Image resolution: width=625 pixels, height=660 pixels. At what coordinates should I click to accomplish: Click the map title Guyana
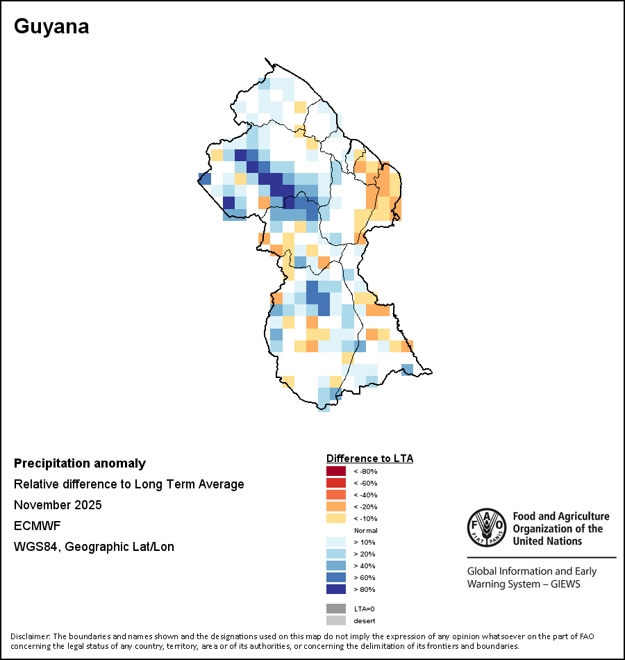point(51,27)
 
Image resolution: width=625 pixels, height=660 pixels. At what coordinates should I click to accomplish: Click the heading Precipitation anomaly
point(80,463)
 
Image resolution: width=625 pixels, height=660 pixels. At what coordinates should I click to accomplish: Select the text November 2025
point(58,504)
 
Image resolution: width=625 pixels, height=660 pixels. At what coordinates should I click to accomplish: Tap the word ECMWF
point(37,526)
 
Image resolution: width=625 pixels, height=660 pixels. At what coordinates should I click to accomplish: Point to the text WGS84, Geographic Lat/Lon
point(94,547)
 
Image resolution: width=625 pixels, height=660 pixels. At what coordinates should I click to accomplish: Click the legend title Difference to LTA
point(369,459)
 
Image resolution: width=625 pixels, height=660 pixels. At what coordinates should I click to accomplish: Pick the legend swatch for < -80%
point(336,471)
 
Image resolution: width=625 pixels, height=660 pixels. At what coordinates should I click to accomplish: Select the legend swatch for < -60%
point(336,483)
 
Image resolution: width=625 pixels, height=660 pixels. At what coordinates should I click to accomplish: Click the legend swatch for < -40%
point(336,495)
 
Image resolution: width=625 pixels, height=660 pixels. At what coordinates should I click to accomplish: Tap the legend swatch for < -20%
point(336,506)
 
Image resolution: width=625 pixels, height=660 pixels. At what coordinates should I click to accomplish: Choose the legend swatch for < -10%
point(336,518)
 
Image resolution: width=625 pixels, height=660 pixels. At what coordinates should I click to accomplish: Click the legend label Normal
point(366,530)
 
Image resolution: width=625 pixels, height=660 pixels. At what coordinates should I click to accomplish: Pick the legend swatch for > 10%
point(336,542)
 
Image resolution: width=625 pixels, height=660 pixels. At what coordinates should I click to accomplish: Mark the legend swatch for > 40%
point(336,566)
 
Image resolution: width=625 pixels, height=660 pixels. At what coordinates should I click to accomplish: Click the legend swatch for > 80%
point(336,589)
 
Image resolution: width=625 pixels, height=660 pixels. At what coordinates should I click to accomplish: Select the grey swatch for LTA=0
point(336,609)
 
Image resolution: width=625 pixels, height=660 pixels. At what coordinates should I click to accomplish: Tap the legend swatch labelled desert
point(336,620)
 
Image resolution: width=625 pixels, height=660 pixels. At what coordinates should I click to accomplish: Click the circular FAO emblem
point(487,527)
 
